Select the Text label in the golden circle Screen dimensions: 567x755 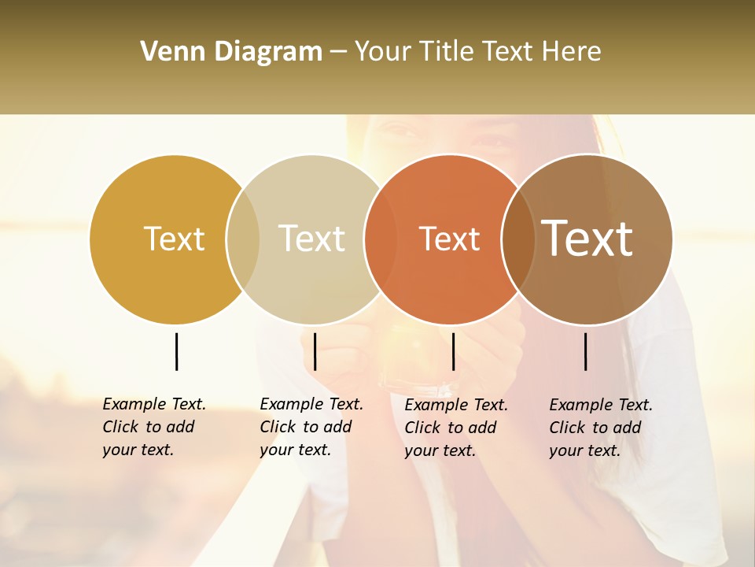[174, 239]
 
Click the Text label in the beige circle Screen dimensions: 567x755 [311, 239]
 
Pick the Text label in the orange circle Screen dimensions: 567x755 [449, 239]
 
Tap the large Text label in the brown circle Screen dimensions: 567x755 [587, 238]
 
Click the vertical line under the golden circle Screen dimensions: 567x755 [176, 351]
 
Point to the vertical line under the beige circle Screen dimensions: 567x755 [315, 351]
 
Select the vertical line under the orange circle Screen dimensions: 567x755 [453, 351]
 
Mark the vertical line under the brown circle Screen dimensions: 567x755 [585, 351]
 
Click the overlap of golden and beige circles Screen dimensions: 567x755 [243, 239]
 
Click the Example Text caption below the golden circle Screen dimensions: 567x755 [153, 427]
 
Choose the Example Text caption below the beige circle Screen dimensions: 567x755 [311, 427]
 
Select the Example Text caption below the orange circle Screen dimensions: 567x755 [455, 428]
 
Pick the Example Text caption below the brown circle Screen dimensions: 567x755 [600, 428]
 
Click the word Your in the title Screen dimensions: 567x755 [381, 52]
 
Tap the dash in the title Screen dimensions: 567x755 [338, 52]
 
